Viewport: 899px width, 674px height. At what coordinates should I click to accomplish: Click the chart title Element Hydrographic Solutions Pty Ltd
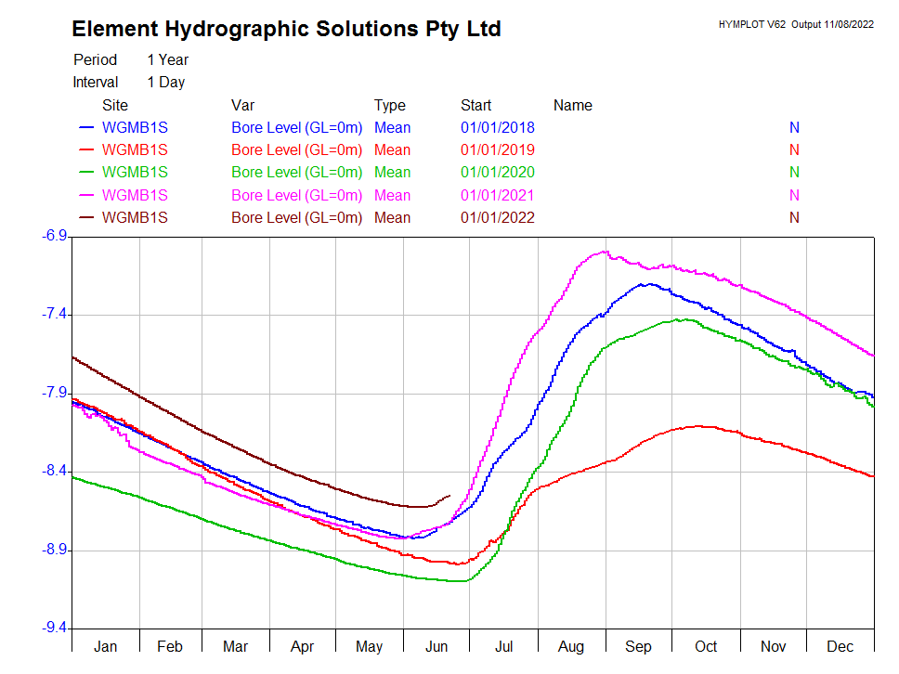coord(286,29)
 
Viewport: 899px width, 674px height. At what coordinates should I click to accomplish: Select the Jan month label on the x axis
coord(105,646)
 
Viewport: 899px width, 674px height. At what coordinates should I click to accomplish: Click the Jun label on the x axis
coord(436,646)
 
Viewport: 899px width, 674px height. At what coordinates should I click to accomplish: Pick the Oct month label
coord(707,646)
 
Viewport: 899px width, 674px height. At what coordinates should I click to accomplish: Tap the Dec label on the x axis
coord(840,646)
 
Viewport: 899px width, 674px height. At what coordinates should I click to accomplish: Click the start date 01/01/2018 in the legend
coord(498,127)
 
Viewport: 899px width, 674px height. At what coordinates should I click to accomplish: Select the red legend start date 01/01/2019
coord(498,149)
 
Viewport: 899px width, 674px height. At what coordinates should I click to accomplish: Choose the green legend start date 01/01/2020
coord(498,172)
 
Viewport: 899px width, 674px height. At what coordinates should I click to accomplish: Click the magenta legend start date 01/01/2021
coord(498,195)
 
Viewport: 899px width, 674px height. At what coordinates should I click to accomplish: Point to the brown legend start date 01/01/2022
coord(498,217)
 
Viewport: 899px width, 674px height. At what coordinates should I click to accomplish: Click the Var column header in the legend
coord(243,105)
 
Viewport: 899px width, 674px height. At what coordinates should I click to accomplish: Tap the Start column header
coord(476,105)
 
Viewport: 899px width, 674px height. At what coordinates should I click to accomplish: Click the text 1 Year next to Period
coord(167,59)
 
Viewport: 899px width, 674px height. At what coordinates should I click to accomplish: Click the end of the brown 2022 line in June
coord(450,496)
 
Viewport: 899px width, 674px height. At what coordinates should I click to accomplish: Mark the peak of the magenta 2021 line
coord(605,251)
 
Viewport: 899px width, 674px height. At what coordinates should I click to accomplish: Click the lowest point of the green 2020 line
coord(460,581)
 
